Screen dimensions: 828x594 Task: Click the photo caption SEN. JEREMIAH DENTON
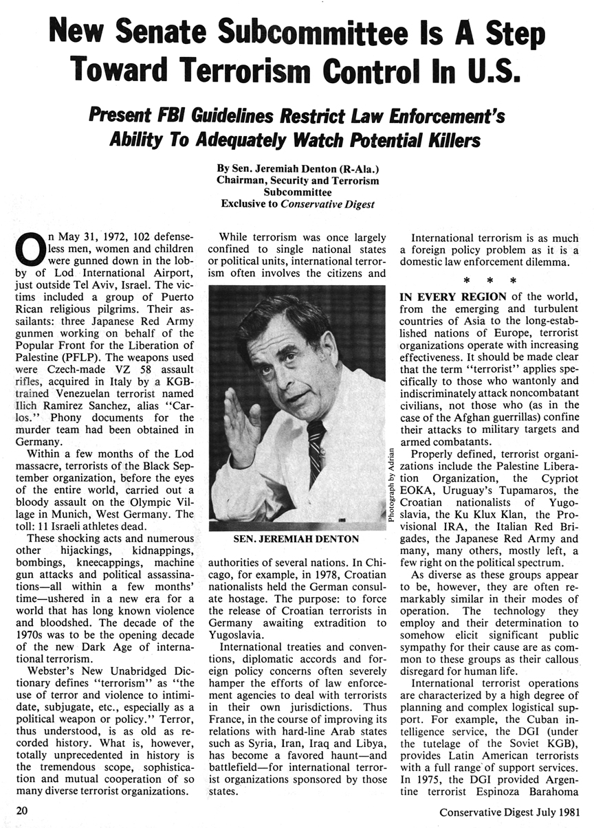click(296, 539)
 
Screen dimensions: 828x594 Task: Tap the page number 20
click(22, 811)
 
